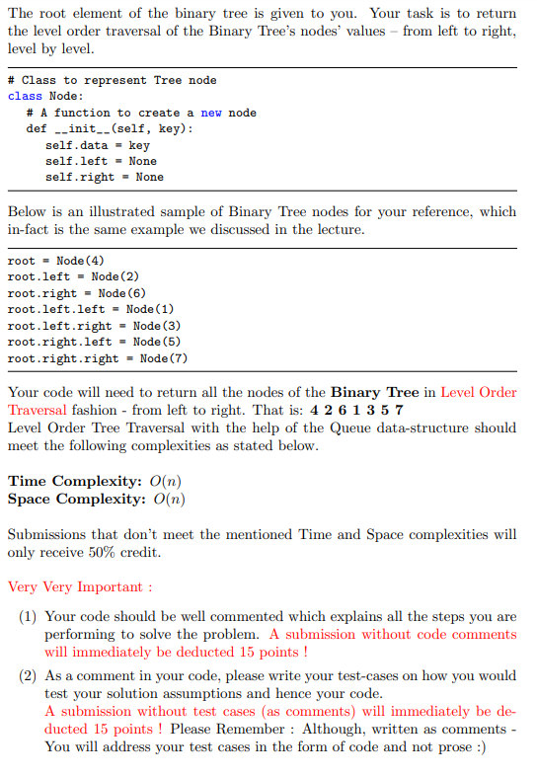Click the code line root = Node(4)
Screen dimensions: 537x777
coord(47,261)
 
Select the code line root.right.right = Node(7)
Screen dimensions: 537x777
coord(97,358)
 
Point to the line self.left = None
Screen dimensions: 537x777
coord(101,161)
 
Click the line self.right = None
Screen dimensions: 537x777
coord(105,177)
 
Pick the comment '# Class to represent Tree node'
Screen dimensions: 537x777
coord(112,80)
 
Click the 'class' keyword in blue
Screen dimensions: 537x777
coord(25,96)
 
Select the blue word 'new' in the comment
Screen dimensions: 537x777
coord(210,113)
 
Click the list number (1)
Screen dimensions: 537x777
coord(30,616)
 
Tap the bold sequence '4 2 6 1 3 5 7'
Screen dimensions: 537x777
coord(356,410)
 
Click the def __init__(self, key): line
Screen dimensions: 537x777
coord(110,128)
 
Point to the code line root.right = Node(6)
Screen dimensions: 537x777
coord(76,293)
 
